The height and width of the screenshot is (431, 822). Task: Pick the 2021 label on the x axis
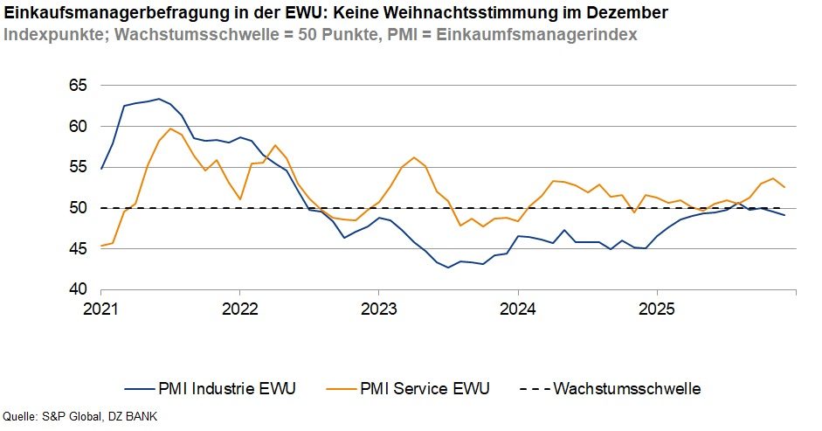(x=101, y=309)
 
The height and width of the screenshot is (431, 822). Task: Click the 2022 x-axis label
(x=239, y=309)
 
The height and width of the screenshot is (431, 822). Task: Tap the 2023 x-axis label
(x=378, y=309)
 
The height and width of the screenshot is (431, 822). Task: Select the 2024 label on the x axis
(x=517, y=309)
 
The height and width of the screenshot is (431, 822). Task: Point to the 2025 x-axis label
(x=656, y=309)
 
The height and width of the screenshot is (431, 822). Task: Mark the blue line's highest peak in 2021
(x=158, y=99)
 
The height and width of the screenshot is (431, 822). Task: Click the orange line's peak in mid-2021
(x=170, y=129)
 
